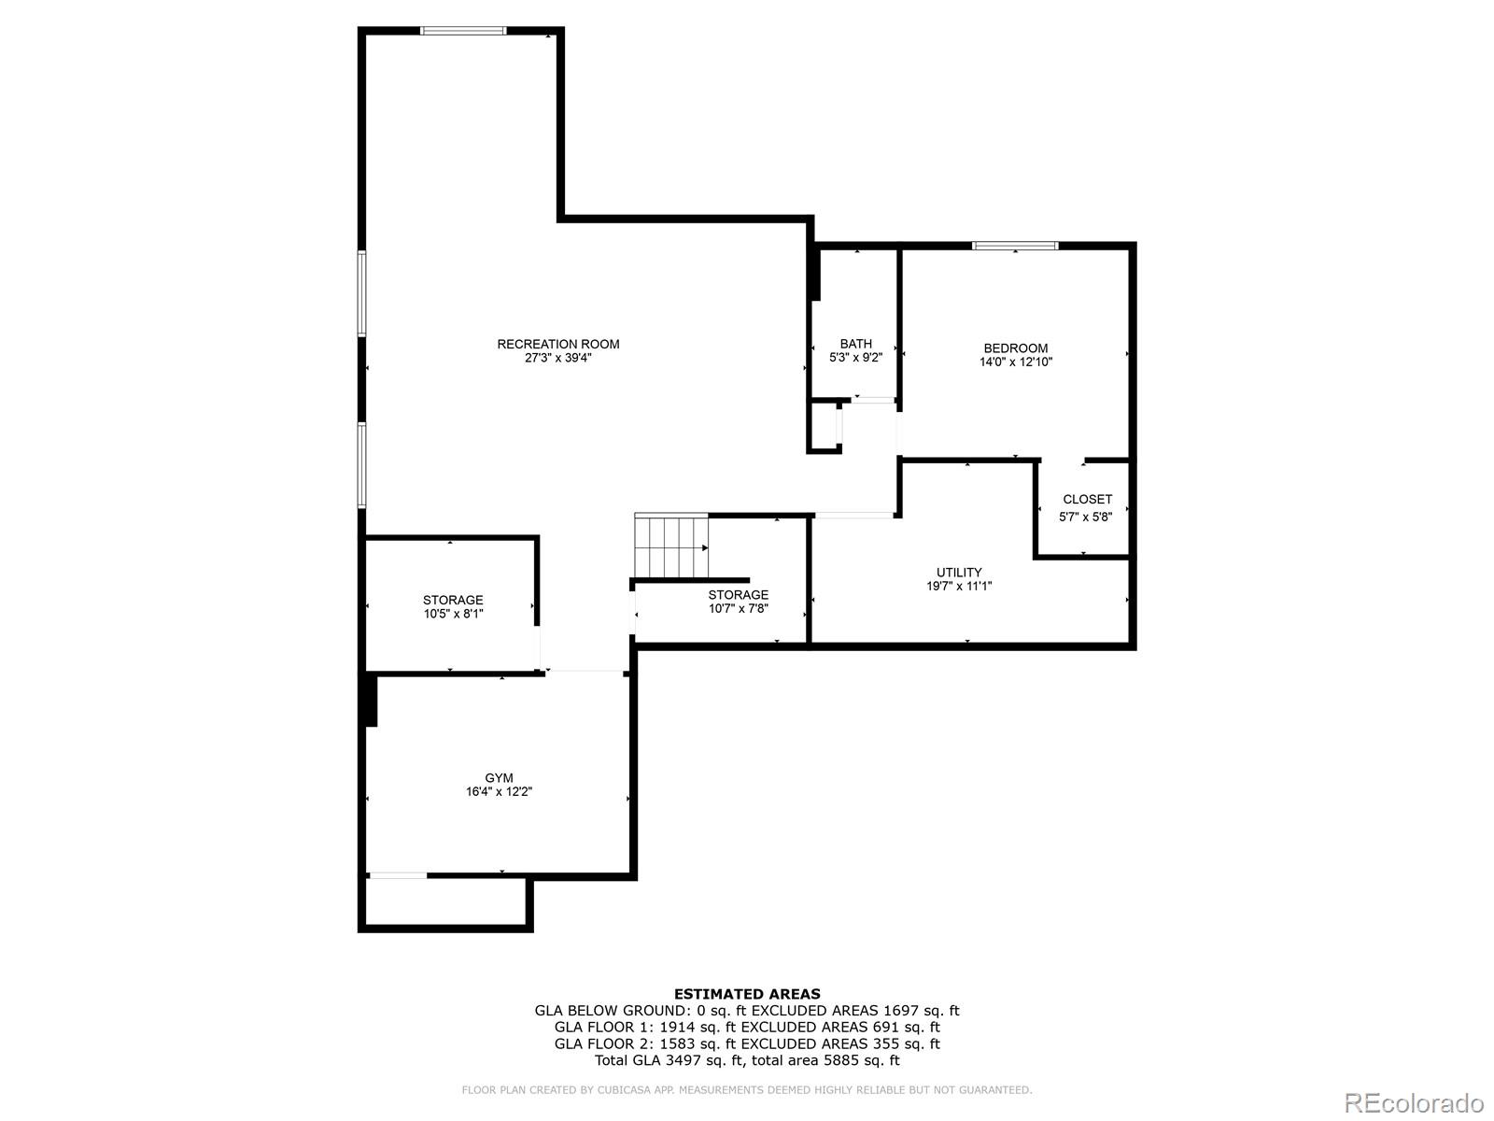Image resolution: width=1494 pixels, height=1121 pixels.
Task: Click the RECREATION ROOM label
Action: pos(558,345)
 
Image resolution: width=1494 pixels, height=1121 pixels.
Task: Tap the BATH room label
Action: pos(855,344)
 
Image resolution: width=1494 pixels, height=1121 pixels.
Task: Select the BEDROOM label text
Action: pos(1016,348)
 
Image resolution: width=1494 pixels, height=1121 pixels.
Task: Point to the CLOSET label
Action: pos(1088,499)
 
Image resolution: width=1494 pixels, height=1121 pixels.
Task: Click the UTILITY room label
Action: pos(959,573)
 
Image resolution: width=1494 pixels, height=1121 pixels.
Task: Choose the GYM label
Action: pos(499,778)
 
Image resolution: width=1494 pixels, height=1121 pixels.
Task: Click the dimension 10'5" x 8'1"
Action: pos(453,614)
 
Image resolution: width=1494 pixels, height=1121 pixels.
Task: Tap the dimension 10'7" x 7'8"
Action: pos(739,608)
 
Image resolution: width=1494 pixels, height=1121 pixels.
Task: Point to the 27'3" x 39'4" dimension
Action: pos(558,358)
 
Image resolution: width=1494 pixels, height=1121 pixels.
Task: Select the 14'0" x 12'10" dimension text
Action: pos(1016,362)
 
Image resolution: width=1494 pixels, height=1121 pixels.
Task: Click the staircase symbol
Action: pos(671,546)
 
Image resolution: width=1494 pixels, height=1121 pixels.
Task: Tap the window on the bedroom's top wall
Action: pos(1015,246)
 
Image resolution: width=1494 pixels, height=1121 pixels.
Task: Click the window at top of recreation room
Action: pos(463,31)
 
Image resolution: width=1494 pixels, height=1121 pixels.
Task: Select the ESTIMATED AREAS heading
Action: pos(747,994)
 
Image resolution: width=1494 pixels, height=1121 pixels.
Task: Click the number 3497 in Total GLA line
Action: pos(679,1060)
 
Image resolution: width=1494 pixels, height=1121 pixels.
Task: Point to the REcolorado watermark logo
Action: pos(1415,1102)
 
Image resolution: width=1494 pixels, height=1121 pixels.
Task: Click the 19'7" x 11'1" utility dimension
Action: pos(959,586)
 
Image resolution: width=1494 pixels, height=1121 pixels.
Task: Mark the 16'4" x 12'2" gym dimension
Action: pos(499,791)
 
